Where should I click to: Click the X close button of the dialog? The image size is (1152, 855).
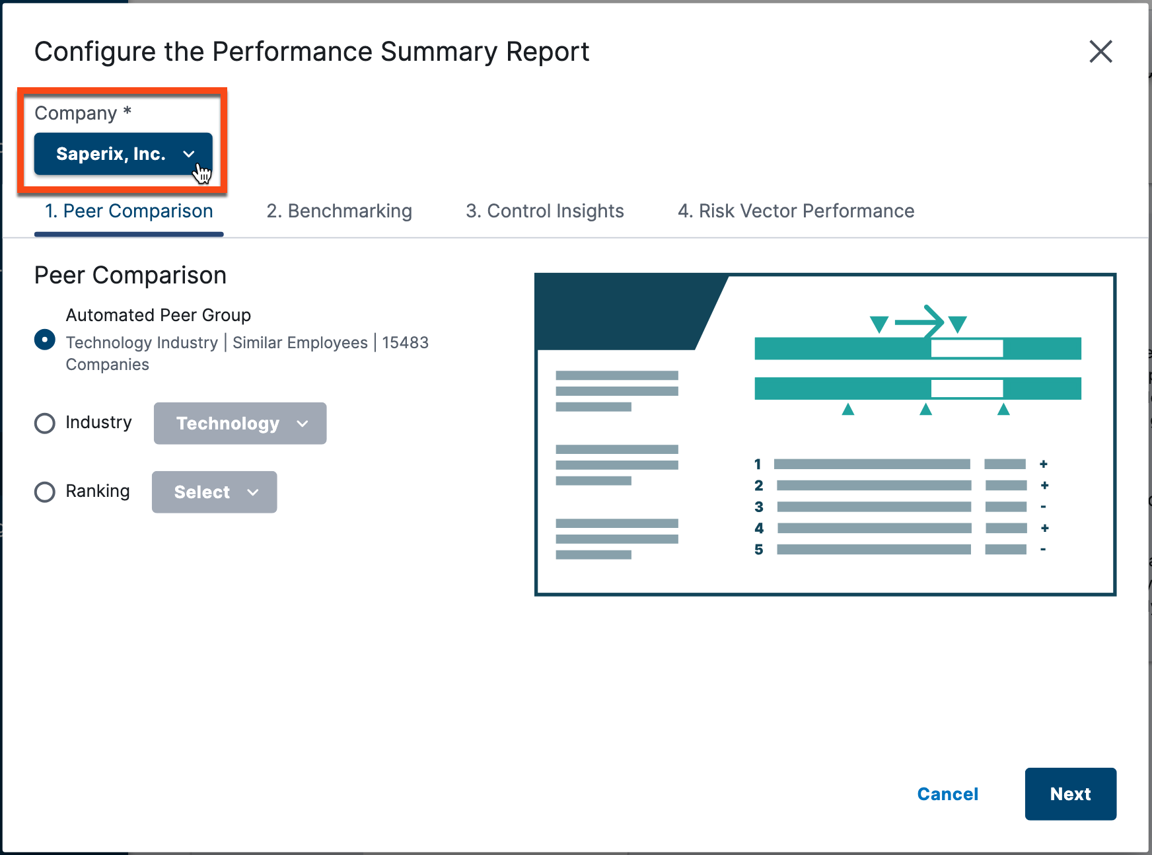[x=1100, y=52]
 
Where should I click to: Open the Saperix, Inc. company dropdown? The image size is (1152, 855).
[x=124, y=154]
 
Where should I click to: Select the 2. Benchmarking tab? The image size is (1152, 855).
[x=339, y=211]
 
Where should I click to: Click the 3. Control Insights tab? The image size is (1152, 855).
[x=544, y=211]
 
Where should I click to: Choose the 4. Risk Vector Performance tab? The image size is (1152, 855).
[x=795, y=211]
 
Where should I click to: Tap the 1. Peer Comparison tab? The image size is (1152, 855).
[x=129, y=211]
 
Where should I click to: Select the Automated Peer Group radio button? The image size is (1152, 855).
[x=45, y=340]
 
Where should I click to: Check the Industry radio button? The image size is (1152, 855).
[x=45, y=423]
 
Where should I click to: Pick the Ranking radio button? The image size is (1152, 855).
[x=45, y=492]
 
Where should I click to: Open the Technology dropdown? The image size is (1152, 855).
[x=240, y=424]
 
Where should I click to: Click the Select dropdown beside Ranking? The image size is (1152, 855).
[x=214, y=492]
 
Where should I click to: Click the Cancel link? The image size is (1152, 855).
[x=947, y=794]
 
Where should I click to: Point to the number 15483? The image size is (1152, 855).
[x=405, y=343]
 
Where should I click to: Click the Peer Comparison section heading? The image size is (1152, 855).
[x=130, y=276]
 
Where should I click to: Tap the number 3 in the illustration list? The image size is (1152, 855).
[x=759, y=507]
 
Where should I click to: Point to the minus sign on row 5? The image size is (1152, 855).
[x=1043, y=549]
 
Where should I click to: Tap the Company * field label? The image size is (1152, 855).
[x=83, y=113]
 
